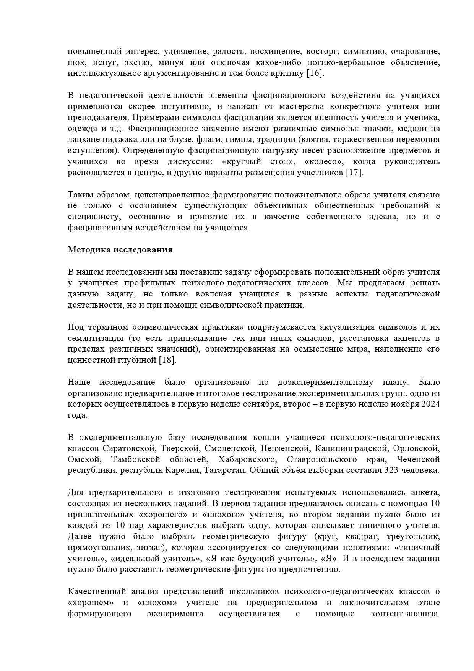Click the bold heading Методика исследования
pos(120,250)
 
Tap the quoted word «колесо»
pos(325,161)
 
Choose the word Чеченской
pos(418,459)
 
